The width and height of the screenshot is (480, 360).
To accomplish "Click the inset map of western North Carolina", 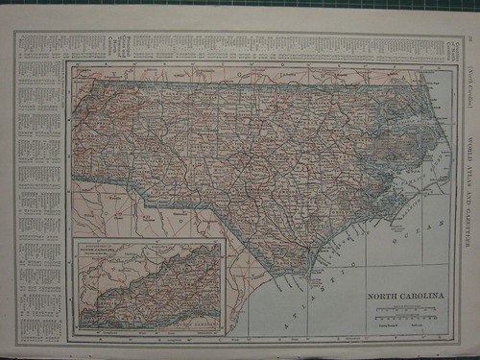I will pyautogui.click(x=149, y=288).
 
